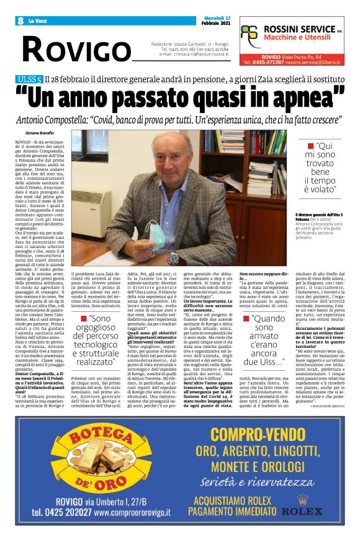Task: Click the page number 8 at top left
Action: tap(21, 21)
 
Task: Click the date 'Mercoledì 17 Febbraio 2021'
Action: tap(216, 21)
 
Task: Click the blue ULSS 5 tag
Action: tap(30, 79)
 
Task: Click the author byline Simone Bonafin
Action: tap(40, 133)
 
